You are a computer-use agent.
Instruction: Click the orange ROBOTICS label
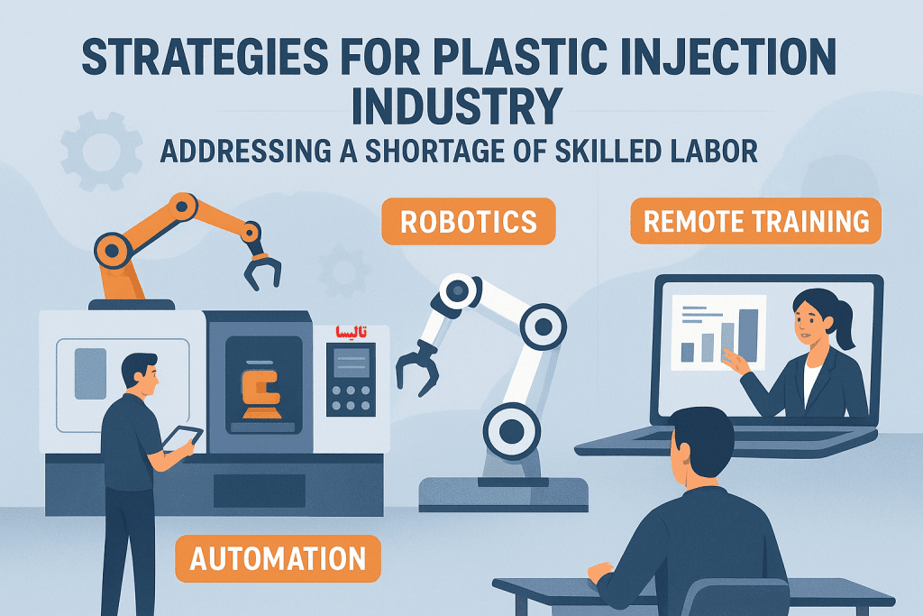pos(469,222)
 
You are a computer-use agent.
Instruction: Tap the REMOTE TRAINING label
pos(756,221)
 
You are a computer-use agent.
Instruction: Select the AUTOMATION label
pos(278,558)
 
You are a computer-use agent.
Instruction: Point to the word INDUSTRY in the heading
pos(457,106)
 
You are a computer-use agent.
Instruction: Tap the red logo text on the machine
pos(351,332)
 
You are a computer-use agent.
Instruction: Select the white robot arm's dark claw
pos(417,367)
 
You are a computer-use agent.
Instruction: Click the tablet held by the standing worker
pos(182,437)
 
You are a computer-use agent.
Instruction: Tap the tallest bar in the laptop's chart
pos(748,336)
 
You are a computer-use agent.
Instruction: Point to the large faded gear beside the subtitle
pos(101,152)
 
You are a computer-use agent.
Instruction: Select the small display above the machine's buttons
pos(352,363)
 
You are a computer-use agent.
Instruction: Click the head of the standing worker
pos(140,376)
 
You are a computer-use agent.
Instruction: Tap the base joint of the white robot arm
pos(512,432)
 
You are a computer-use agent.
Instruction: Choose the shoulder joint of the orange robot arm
pos(112,251)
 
